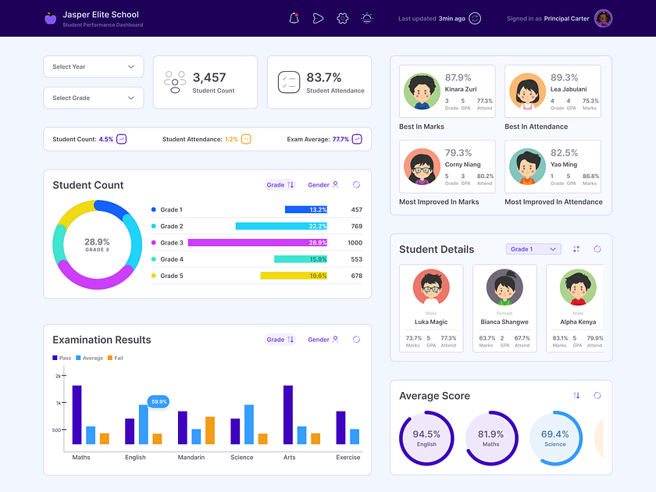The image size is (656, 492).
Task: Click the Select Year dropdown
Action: coord(93,66)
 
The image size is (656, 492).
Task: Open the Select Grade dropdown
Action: coord(93,98)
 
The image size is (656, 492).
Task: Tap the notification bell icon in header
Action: coord(294,19)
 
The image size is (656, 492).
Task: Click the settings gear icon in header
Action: coord(342,19)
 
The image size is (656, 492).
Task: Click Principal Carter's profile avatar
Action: coord(603,19)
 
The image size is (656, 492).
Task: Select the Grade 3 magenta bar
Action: coord(258,243)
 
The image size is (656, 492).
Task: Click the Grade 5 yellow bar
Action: coord(294,276)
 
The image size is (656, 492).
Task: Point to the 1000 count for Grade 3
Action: coord(355,243)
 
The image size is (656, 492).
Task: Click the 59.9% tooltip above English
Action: coord(159,401)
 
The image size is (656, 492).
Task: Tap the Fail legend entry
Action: coord(115,358)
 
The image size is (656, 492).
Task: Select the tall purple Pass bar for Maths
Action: coord(77,415)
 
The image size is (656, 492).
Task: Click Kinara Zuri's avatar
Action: coord(422,91)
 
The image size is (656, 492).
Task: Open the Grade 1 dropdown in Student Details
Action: coord(533,249)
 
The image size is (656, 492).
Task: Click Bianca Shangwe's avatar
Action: coord(504,287)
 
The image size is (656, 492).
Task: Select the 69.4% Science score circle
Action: coord(554,437)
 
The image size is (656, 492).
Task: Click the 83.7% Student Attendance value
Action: coord(323,77)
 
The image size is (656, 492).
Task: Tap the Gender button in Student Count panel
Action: coord(323,185)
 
